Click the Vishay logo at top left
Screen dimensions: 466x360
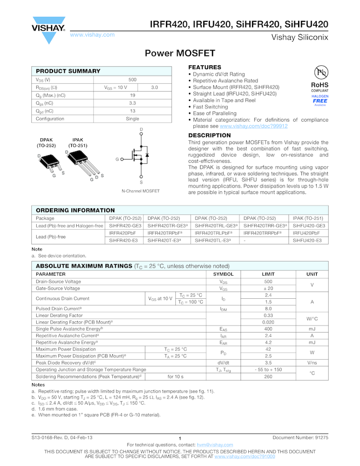point(49,28)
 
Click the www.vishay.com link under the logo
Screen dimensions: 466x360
point(93,35)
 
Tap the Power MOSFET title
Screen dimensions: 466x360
point(180,53)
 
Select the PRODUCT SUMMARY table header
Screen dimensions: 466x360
point(68,71)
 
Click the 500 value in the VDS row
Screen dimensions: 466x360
point(132,79)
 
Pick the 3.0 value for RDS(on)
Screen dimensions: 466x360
point(155,87)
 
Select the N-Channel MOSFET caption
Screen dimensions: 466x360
point(141,191)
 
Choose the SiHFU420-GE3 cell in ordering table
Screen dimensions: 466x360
point(309,225)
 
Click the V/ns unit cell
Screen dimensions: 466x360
point(312,362)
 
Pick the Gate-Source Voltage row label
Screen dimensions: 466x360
point(58,288)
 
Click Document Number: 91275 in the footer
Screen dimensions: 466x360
point(300,437)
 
